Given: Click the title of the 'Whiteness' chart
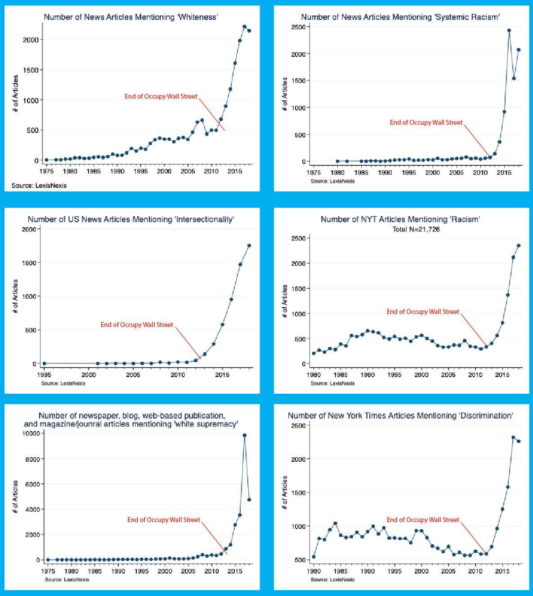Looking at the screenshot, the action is (131, 17).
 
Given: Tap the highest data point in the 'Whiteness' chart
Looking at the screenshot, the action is (244, 27).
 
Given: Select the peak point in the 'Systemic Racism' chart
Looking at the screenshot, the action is (509, 30).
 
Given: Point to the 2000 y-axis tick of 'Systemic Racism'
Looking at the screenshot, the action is (299, 54).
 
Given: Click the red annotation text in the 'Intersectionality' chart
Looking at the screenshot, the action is (137, 325).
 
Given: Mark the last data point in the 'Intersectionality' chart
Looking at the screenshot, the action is (249, 246).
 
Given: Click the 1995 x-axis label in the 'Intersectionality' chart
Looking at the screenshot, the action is (45, 375).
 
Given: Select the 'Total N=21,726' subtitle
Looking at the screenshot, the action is (416, 229).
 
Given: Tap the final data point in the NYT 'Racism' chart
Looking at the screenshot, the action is (519, 246).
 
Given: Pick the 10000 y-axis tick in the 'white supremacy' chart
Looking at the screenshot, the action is (31, 433).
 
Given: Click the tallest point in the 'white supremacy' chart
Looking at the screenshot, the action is (244, 435).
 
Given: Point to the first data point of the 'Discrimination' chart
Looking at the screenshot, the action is (314, 556).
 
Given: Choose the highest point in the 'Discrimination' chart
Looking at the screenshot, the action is (513, 437).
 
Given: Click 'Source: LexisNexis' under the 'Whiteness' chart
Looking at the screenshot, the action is (39, 186).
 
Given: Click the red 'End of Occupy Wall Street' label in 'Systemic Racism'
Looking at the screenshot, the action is (426, 123).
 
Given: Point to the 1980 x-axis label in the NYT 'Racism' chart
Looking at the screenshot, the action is (314, 375).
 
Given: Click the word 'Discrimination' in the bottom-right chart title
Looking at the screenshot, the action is (486, 416).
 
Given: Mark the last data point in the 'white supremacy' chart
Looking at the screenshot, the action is (249, 500).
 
